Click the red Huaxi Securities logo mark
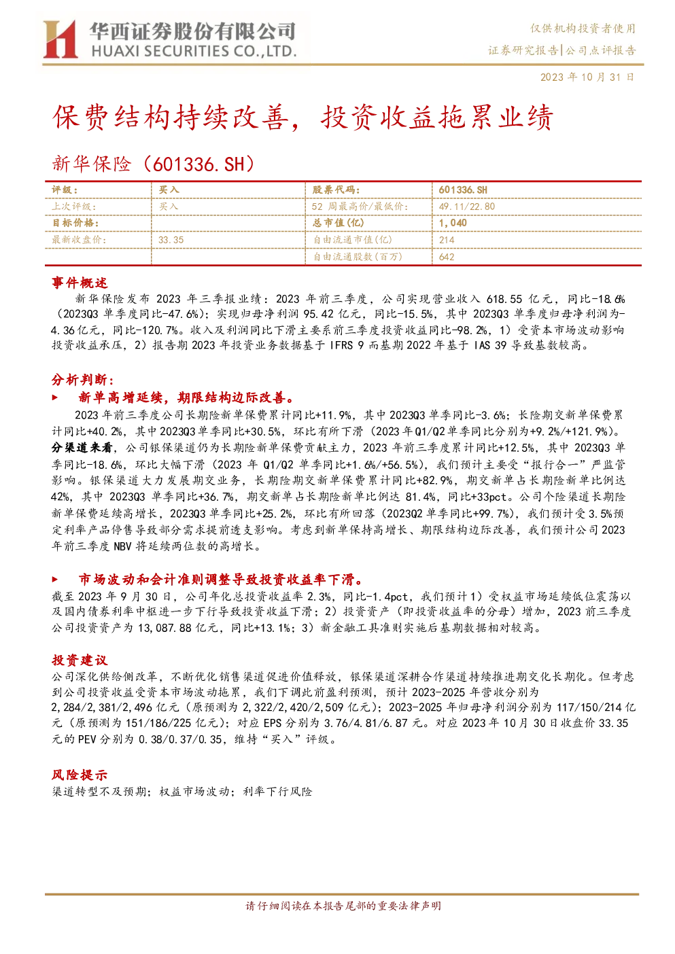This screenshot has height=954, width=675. [60, 39]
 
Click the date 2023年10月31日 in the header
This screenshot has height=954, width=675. [587, 77]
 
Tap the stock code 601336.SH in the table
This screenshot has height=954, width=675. [463, 190]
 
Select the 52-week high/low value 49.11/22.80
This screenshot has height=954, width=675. [466, 207]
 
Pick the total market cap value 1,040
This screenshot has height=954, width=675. [453, 223]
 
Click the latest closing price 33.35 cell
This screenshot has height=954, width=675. [171, 240]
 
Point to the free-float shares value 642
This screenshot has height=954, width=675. [447, 257]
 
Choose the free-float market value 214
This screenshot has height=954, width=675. [447, 240]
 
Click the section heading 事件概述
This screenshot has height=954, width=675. [80, 283]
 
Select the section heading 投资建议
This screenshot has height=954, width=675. [80, 660]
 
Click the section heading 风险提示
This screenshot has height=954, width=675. [80, 775]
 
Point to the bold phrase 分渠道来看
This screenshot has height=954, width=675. [82, 448]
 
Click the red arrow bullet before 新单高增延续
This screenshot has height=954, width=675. [55, 397]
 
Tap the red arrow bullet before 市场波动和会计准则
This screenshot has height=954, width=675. [55, 579]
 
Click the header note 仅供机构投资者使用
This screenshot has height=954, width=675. [583, 29]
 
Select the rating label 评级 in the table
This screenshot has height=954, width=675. [65, 190]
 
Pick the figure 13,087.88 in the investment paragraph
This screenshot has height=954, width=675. [165, 628]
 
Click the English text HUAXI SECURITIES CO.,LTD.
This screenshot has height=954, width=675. [194, 52]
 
